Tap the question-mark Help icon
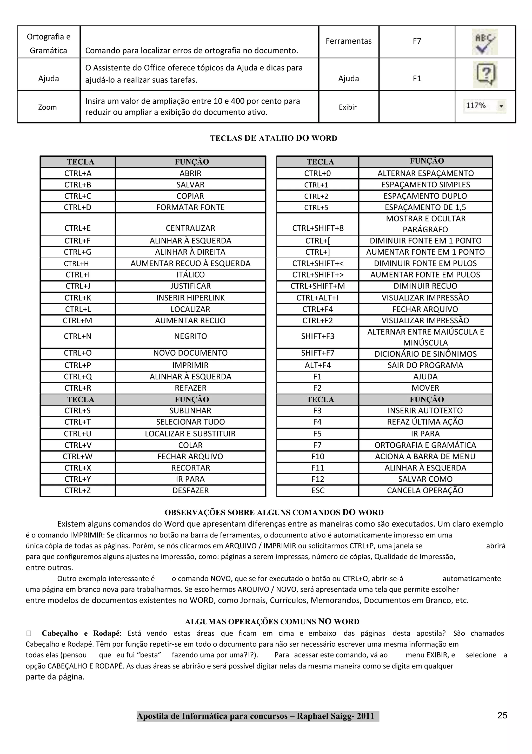tap(485, 74)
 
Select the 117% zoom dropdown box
tap(485, 106)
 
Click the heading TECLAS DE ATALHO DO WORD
tap(273, 138)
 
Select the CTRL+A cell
tap(78, 173)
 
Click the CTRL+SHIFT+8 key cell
tap(317, 228)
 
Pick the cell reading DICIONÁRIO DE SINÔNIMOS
tap(425, 354)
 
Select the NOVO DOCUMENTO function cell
tap(190, 353)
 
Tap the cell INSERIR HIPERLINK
tap(190, 298)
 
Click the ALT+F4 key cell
tap(317, 365)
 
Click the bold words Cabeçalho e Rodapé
tap(81, 633)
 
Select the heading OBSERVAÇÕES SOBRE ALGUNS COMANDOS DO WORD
tap(274, 513)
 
